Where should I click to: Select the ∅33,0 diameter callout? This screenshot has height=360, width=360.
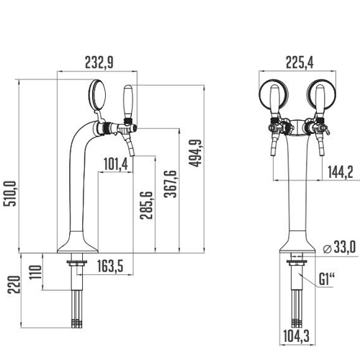tap(341, 248)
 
